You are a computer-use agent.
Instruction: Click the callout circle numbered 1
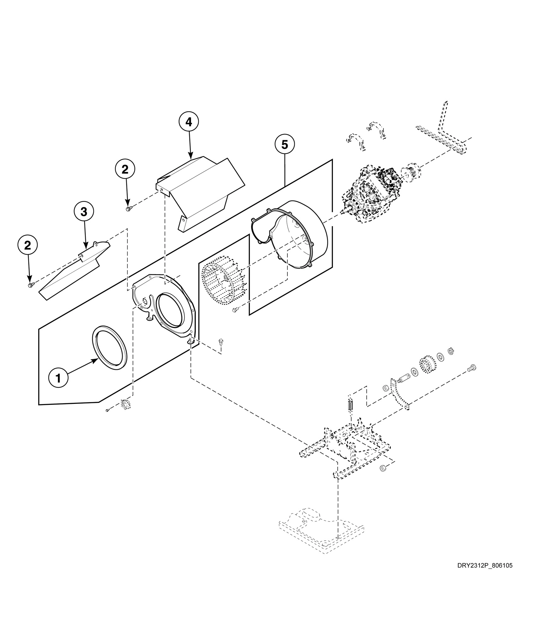click(58, 378)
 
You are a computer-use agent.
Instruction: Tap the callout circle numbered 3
click(84, 212)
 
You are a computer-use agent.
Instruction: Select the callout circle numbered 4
click(189, 122)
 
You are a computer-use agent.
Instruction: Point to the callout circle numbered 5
click(285, 145)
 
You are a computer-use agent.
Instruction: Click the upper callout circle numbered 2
click(125, 170)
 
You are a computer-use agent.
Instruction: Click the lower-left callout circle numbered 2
click(28, 246)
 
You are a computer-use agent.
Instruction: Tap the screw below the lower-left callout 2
click(30, 285)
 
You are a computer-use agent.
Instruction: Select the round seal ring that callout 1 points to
click(110, 347)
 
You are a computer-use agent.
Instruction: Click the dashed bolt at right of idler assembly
click(471, 368)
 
